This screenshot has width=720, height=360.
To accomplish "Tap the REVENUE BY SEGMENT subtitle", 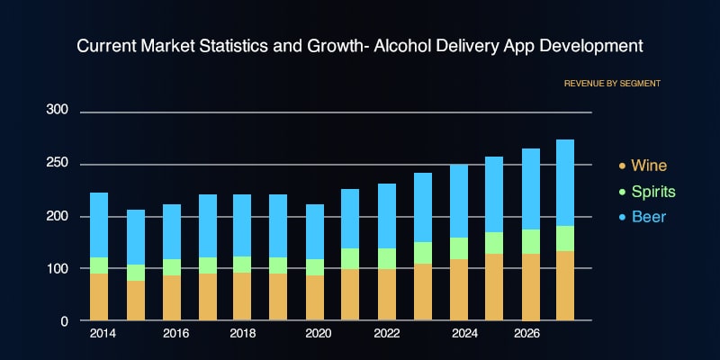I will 612,83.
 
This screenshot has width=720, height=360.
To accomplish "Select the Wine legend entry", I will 649,166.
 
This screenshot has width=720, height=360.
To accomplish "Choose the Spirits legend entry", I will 652,192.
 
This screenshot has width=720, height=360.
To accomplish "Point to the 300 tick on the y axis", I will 57,110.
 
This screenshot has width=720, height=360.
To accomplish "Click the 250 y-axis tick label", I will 57,163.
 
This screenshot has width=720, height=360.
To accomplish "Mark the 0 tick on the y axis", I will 63,320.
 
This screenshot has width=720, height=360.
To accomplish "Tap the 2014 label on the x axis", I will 103,334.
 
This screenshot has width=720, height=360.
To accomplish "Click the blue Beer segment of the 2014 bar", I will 99,225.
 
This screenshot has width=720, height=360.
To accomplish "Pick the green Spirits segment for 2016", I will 171,267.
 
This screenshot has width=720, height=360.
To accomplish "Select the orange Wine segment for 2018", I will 242,296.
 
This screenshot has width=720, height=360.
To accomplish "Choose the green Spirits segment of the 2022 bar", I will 386,258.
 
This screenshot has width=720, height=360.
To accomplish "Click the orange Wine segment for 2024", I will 457,290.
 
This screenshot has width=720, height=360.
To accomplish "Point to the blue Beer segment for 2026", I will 529,189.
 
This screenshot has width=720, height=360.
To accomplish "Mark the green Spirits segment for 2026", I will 529,241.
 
